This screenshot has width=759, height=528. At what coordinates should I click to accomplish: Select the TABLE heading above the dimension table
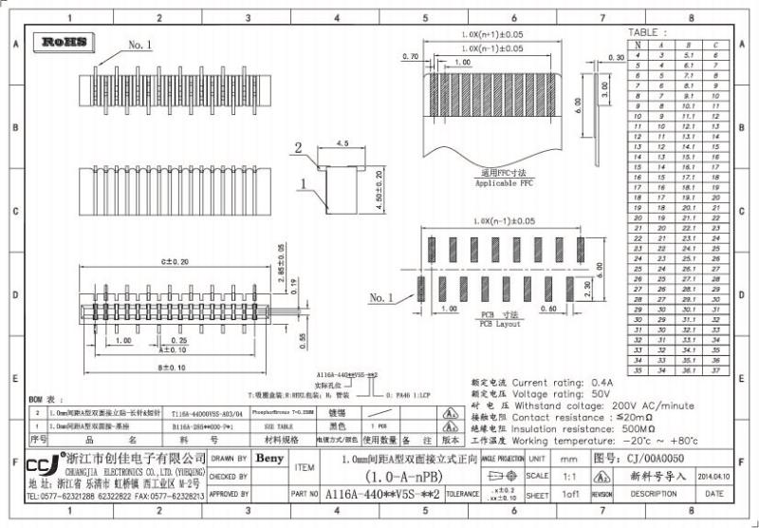point(649,32)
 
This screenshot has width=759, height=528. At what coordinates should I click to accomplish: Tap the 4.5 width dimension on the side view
point(342,143)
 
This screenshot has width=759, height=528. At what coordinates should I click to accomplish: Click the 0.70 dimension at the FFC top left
point(411,57)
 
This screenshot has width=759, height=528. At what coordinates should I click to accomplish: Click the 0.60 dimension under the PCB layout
point(547,308)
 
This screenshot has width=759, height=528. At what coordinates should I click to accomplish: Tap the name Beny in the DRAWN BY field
point(270,459)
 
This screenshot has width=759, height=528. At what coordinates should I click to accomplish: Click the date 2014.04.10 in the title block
point(713,476)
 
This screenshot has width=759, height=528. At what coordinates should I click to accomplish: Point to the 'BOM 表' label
point(46,401)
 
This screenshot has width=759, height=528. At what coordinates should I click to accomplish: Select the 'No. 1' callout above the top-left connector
point(139,45)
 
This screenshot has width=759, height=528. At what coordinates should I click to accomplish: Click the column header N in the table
point(639,45)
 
